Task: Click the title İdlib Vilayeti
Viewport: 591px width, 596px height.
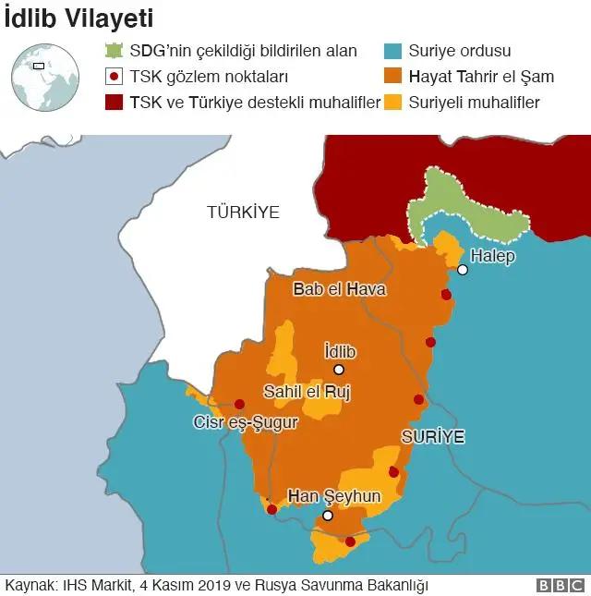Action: coord(79,18)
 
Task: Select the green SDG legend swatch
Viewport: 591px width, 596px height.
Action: coord(114,52)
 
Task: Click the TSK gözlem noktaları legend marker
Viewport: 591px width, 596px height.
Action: coord(114,77)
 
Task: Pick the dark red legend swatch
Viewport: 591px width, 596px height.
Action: coord(114,102)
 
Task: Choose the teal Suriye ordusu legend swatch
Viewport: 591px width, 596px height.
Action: coord(393,52)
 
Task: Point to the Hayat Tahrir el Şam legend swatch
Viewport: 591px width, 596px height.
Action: coord(393,77)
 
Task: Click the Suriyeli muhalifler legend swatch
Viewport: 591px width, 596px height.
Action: coord(393,102)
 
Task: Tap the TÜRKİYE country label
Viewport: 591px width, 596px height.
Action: coord(243,213)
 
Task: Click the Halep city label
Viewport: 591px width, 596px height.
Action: coord(492,256)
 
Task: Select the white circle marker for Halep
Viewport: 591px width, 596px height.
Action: coord(463,270)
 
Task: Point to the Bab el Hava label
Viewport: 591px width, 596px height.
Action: coord(339,289)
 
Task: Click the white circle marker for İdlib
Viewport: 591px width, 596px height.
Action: coord(339,370)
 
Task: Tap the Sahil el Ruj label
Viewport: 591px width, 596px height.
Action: coord(308,391)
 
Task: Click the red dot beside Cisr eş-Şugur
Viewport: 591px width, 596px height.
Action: coord(239,404)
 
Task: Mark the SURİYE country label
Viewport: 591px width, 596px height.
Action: coord(432,434)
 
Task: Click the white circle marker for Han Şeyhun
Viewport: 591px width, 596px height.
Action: coord(327,516)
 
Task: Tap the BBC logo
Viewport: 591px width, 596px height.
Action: coord(560,585)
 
